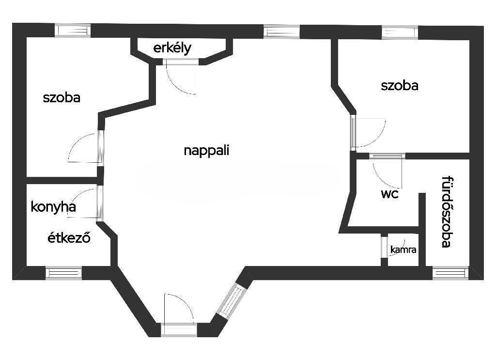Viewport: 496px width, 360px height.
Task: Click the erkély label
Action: pos(172,48)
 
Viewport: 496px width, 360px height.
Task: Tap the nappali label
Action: pos(206,150)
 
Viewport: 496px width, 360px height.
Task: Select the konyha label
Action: pos(53,207)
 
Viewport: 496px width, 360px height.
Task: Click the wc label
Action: pos(390,195)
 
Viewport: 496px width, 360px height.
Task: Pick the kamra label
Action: pos(403,250)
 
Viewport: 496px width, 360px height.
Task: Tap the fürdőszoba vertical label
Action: pos(448,212)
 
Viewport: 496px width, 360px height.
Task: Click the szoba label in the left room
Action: pos(62,97)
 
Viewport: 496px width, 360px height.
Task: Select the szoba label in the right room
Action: pos(400,86)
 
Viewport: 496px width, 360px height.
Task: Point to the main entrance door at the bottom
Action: pos(179,329)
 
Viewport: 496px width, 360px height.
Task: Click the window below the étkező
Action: pos(64,273)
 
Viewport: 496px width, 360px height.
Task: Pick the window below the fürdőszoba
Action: pos(450,273)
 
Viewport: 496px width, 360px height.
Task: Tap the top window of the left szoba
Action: pos(73,31)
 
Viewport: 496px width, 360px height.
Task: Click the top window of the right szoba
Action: pos(400,32)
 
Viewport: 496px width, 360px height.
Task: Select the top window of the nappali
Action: pos(282,31)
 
